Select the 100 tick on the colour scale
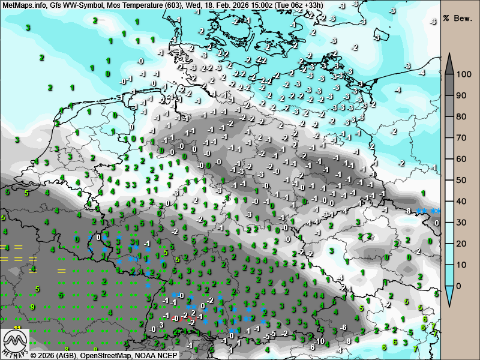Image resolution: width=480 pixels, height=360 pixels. [x=461, y=74]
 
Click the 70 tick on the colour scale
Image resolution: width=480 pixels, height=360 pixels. [x=461, y=138]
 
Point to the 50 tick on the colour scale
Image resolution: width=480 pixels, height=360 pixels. [x=461, y=180]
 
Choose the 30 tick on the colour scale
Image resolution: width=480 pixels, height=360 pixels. [x=461, y=223]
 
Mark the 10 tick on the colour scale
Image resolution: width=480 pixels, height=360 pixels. [x=461, y=265]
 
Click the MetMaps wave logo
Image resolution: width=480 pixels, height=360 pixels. [x=14, y=343]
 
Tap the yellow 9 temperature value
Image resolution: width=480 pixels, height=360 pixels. [x=32, y=307]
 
